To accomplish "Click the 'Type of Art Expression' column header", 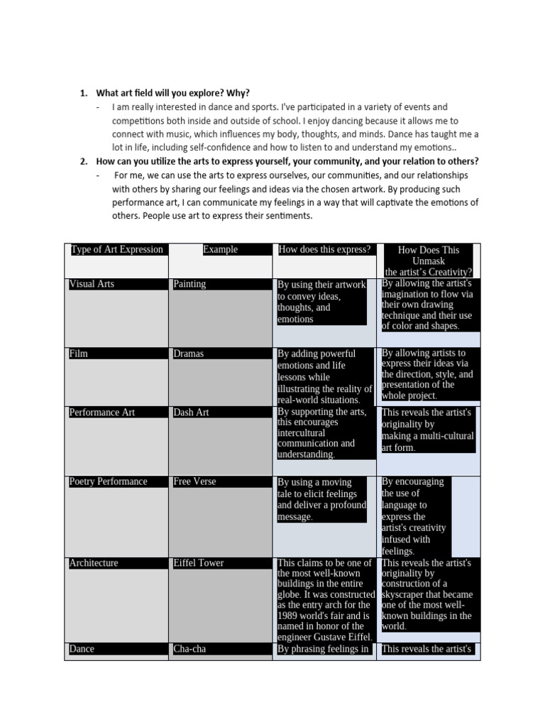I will click(x=116, y=249).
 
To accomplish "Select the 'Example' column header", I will click(x=220, y=249).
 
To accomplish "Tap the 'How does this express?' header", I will click(x=324, y=249).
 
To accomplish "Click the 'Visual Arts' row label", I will click(x=92, y=284).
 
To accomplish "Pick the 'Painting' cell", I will click(x=189, y=284).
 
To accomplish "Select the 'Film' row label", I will click(x=79, y=354).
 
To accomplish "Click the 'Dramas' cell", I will click(x=188, y=354).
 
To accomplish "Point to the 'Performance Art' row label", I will click(x=101, y=412).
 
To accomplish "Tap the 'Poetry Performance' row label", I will click(x=108, y=481).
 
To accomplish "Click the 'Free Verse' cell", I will click(x=194, y=481).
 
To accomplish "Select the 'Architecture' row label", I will click(x=94, y=563).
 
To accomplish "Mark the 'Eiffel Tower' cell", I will click(x=198, y=563).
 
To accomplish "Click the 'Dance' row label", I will click(x=82, y=649).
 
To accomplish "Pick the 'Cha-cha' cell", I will click(x=189, y=649).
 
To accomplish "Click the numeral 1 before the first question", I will click(x=83, y=93).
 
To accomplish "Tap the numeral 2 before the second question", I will click(x=83, y=161).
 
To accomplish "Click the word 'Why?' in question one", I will click(x=238, y=93).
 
